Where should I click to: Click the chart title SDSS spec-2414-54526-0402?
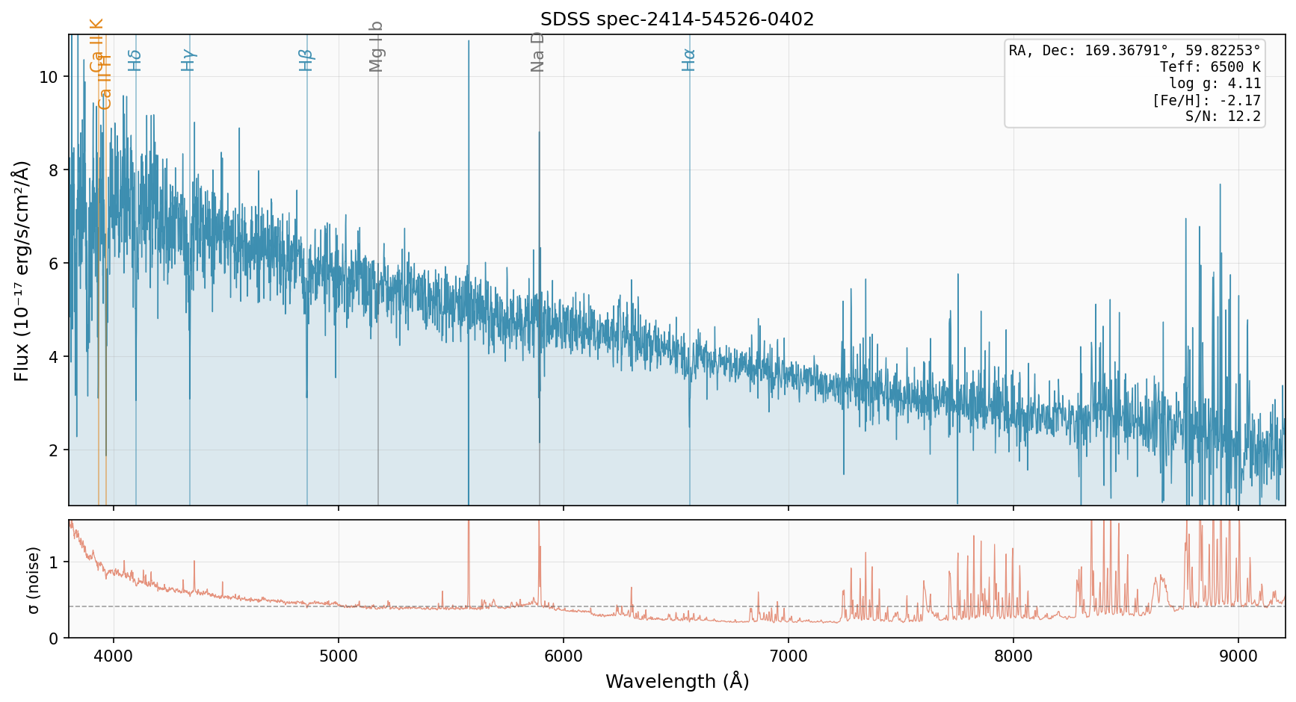677,19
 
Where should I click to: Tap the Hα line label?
689,60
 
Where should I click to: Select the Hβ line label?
306,60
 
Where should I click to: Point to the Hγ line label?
189,60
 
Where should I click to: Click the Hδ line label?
135,60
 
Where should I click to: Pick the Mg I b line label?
377,46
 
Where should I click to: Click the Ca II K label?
97,45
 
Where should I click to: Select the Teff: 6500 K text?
1210,67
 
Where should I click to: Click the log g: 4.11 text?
1215,84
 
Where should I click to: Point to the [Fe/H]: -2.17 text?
1206,100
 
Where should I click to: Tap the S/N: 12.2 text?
1223,117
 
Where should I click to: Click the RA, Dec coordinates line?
1135,51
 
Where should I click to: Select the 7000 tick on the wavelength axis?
789,656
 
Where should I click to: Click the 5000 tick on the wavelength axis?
339,656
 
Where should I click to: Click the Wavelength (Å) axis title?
677,681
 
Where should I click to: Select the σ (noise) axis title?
33,580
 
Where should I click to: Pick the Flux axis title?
22,270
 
